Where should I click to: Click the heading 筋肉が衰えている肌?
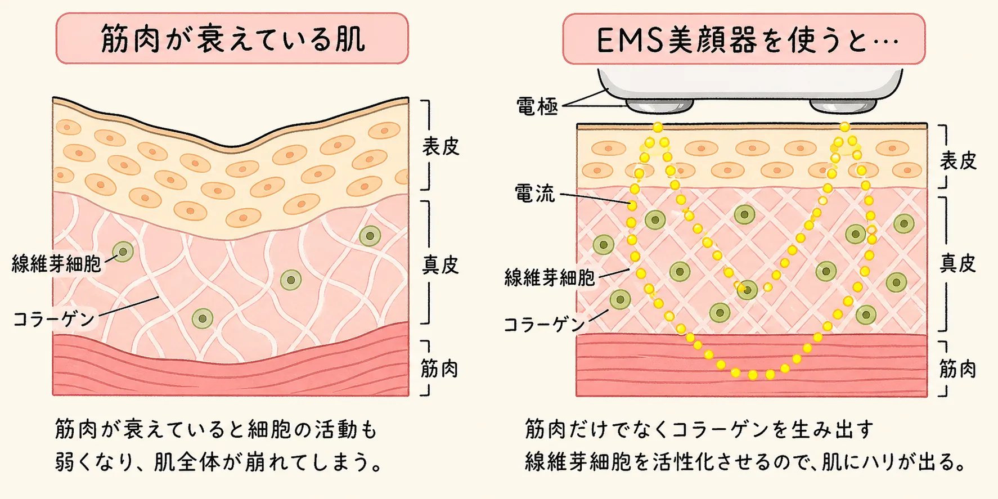click(x=232, y=39)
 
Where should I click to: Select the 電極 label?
click(x=537, y=106)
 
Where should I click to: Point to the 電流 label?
click(x=534, y=194)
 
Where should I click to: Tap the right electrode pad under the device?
click(x=843, y=106)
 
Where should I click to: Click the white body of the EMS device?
click(x=750, y=83)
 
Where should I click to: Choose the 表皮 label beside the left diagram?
click(x=440, y=146)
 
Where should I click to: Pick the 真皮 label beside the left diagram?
click(x=440, y=264)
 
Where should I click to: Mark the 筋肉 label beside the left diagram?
click(x=439, y=368)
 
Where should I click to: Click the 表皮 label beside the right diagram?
click(x=958, y=161)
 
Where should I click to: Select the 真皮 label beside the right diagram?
click(x=958, y=263)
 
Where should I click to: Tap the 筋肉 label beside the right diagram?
click(x=957, y=369)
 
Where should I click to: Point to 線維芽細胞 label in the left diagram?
click(x=56, y=263)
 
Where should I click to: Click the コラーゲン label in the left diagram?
click(x=54, y=319)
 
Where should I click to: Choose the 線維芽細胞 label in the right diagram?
click(x=550, y=277)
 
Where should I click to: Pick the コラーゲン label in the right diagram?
click(x=545, y=324)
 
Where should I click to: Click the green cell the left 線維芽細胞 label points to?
click(x=123, y=251)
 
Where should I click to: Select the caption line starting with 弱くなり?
click(x=220, y=462)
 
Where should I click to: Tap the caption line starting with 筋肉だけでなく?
click(x=700, y=429)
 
